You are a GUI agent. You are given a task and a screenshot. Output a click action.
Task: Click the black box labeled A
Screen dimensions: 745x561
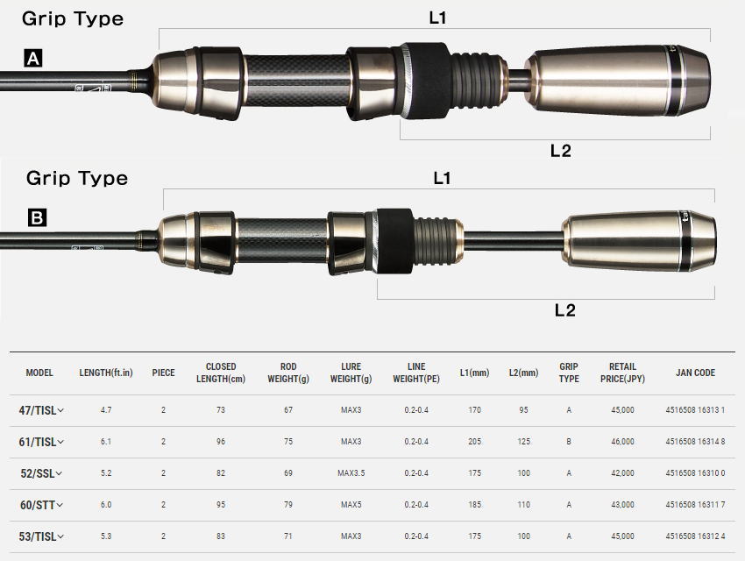(x=33, y=59)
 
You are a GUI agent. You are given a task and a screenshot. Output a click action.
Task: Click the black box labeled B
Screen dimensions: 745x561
(x=37, y=217)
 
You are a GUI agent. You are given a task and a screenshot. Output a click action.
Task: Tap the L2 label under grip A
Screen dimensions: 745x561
(x=561, y=151)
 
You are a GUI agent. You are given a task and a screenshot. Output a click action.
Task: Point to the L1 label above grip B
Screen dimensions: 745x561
(x=442, y=178)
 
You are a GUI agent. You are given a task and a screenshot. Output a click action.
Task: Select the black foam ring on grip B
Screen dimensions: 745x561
(x=395, y=241)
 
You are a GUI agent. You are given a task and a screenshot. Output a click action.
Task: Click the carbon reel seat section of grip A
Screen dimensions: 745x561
(x=296, y=81)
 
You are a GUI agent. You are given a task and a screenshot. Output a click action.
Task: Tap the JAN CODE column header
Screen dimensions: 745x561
(x=695, y=373)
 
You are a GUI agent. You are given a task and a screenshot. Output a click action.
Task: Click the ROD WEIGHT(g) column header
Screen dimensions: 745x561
(x=288, y=373)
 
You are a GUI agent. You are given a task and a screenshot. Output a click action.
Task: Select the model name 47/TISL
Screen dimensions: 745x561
(x=38, y=410)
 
